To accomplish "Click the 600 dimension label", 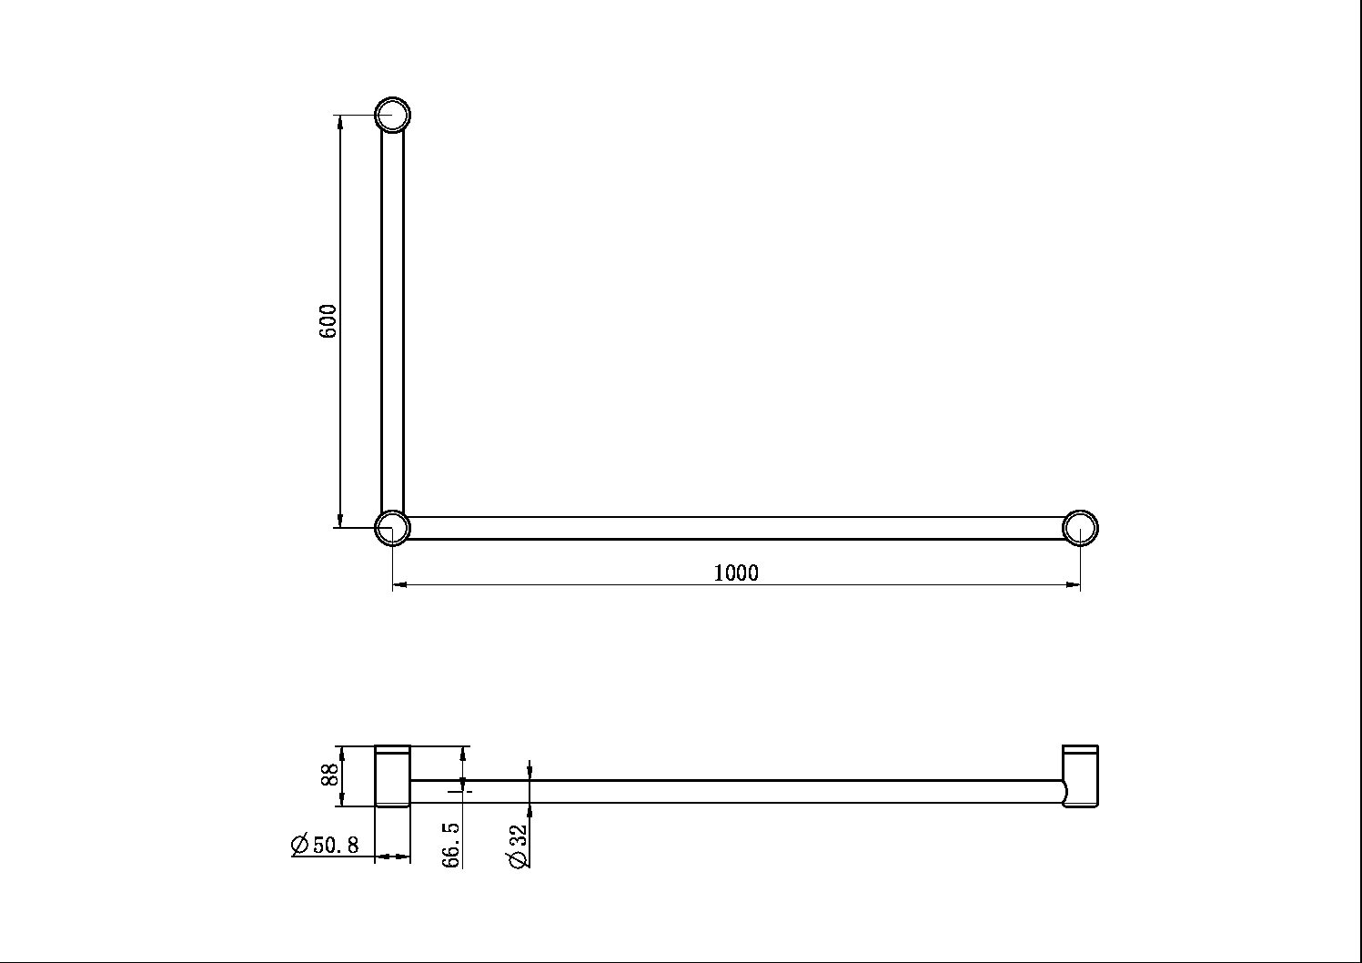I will tap(328, 321).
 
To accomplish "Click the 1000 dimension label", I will tap(736, 573).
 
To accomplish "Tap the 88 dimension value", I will tap(330, 775).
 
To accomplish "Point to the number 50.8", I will tap(336, 845).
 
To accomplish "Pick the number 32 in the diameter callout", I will tap(519, 836).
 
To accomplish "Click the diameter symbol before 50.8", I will tap(300, 845).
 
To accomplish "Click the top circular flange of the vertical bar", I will tap(393, 116).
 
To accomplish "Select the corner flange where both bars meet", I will tap(393, 528).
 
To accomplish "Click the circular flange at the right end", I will tap(1080, 528).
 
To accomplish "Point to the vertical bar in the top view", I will tap(392, 319).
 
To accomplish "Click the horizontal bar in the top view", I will tap(737, 528).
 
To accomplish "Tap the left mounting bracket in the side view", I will tap(393, 775).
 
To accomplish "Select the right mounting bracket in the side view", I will tap(1081, 775).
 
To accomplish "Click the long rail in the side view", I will tap(737, 791).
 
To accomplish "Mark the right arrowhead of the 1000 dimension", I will tap(1074, 585).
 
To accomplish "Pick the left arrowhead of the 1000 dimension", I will tap(399, 585).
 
